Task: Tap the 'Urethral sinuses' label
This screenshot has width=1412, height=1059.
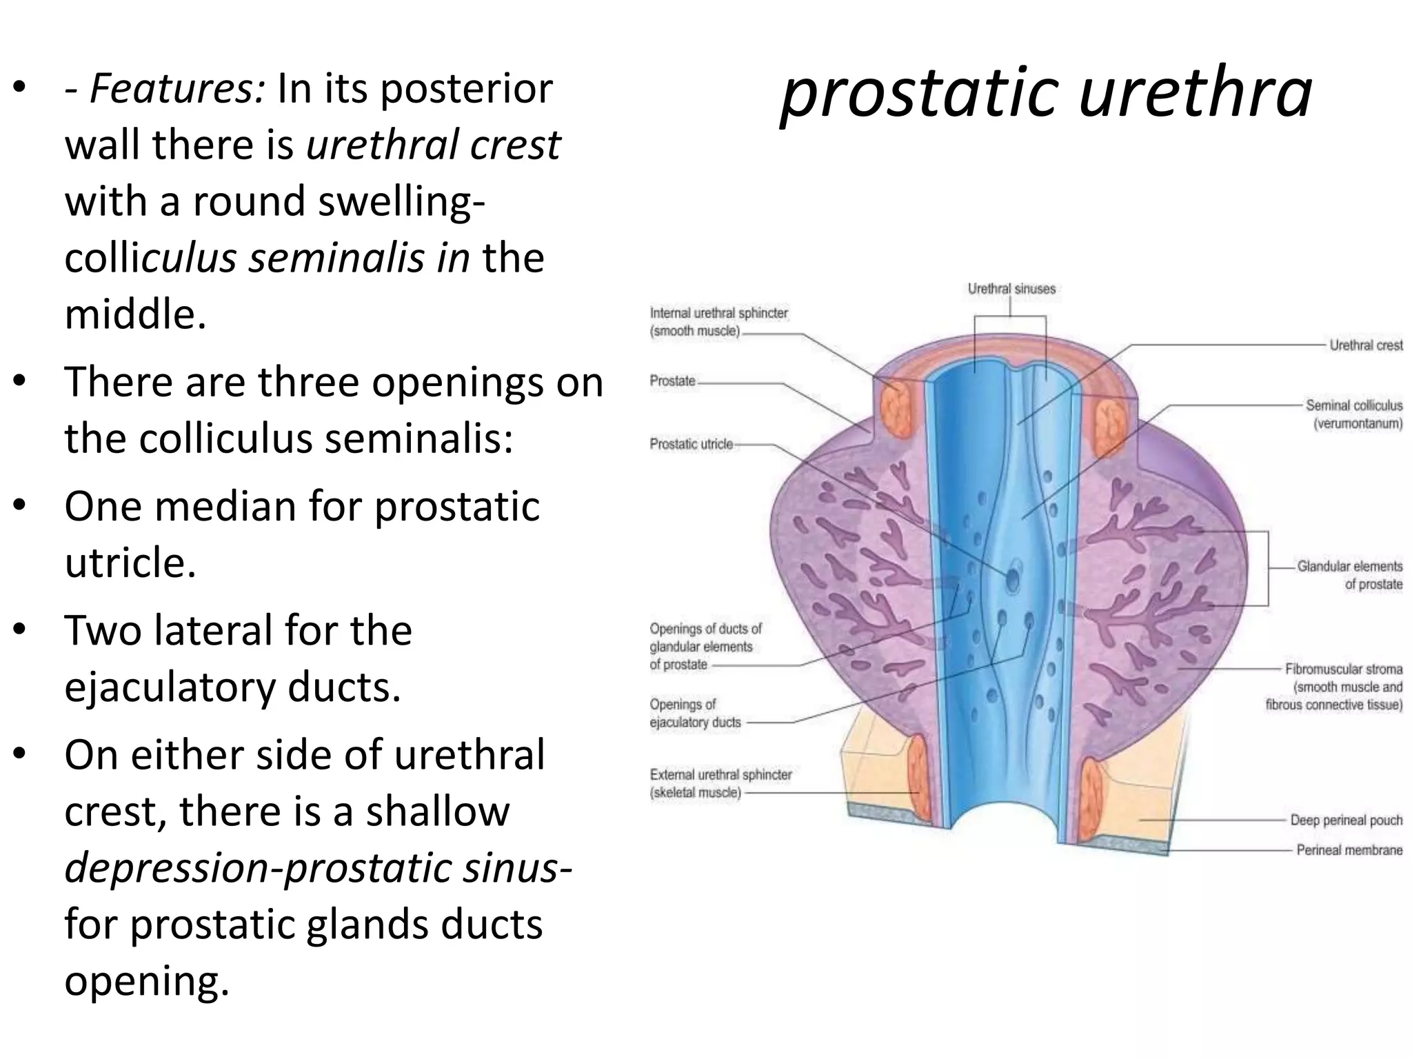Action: (x=1011, y=289)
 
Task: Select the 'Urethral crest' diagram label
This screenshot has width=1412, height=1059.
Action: (x=1365, y=345)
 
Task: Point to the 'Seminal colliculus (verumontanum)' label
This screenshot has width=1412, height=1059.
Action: (x=1353, y=414)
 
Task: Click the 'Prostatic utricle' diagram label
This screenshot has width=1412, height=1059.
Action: (x=691, y=445)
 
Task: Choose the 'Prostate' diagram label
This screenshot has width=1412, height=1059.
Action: (x=672, y=381)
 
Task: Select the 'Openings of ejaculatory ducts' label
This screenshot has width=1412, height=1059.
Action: (x=694, y=714)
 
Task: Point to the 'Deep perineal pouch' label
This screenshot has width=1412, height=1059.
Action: (x=1346, y=820)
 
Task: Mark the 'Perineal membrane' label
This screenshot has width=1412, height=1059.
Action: (x=1349, y=850)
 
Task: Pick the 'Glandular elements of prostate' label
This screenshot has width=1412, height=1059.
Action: (x=1349, y=575)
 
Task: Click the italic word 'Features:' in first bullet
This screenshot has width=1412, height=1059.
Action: (x=176, y=90)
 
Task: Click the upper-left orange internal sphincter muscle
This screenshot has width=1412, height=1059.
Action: (x=897, y=411)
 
